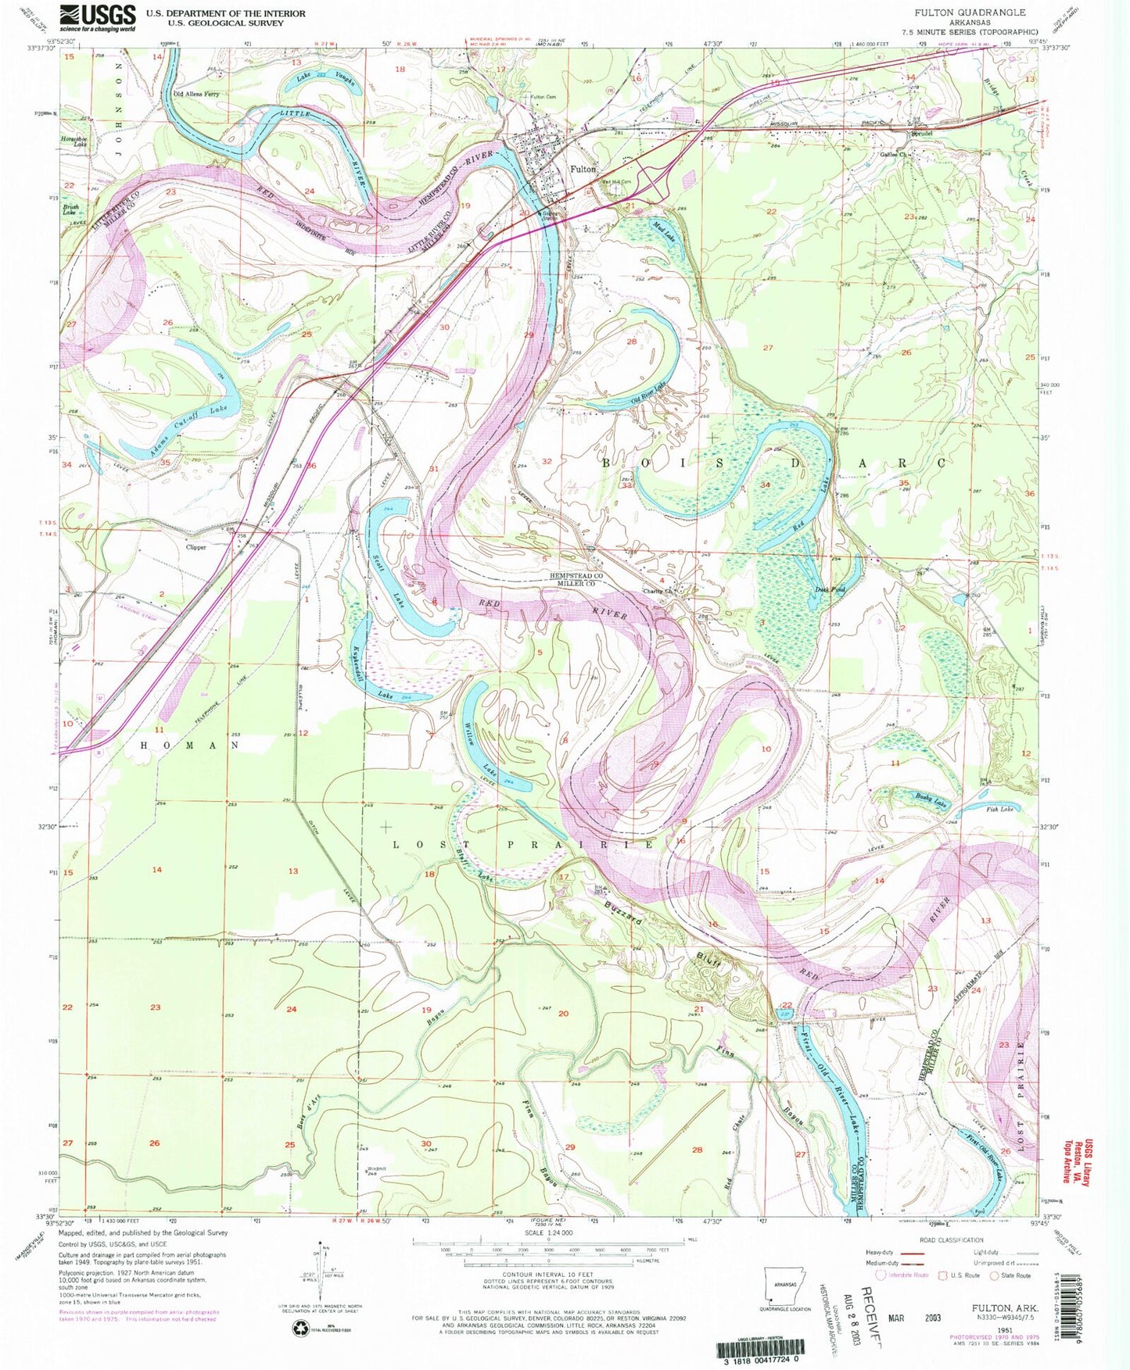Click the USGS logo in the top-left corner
98,17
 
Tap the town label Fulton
583,169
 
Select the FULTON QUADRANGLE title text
970,13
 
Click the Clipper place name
196,547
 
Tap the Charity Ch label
658,591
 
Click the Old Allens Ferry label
196,94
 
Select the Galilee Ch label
892,155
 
